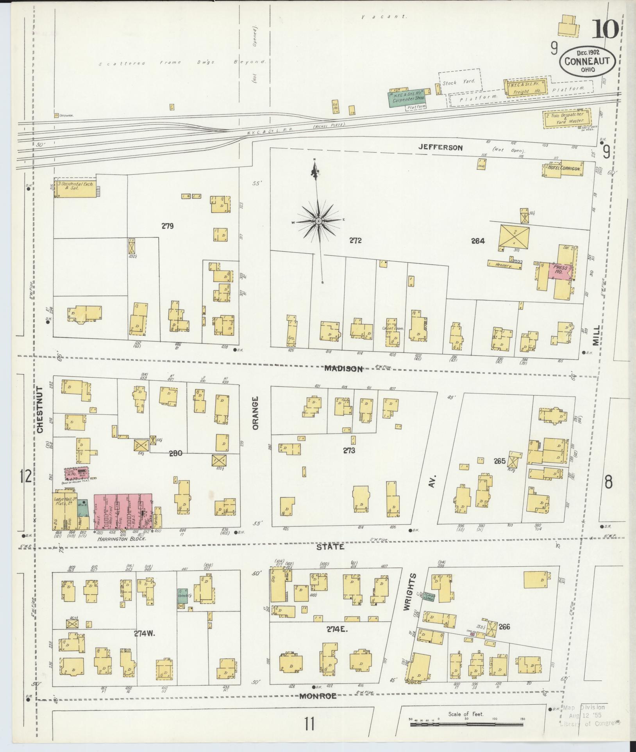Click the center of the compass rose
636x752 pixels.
pyautogui.click(x=318, y=221)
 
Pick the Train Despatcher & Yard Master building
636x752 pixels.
pyautogui.click(x=566, y=118)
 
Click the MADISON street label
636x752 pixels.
pyautogui.click(x=343, y=369)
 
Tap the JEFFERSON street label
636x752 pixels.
pyautogui.click(x=440, y=148)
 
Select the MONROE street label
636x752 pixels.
pyautogui.click(x=318, y=706)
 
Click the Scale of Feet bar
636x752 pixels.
pyautogui.click(x=467, y=724)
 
